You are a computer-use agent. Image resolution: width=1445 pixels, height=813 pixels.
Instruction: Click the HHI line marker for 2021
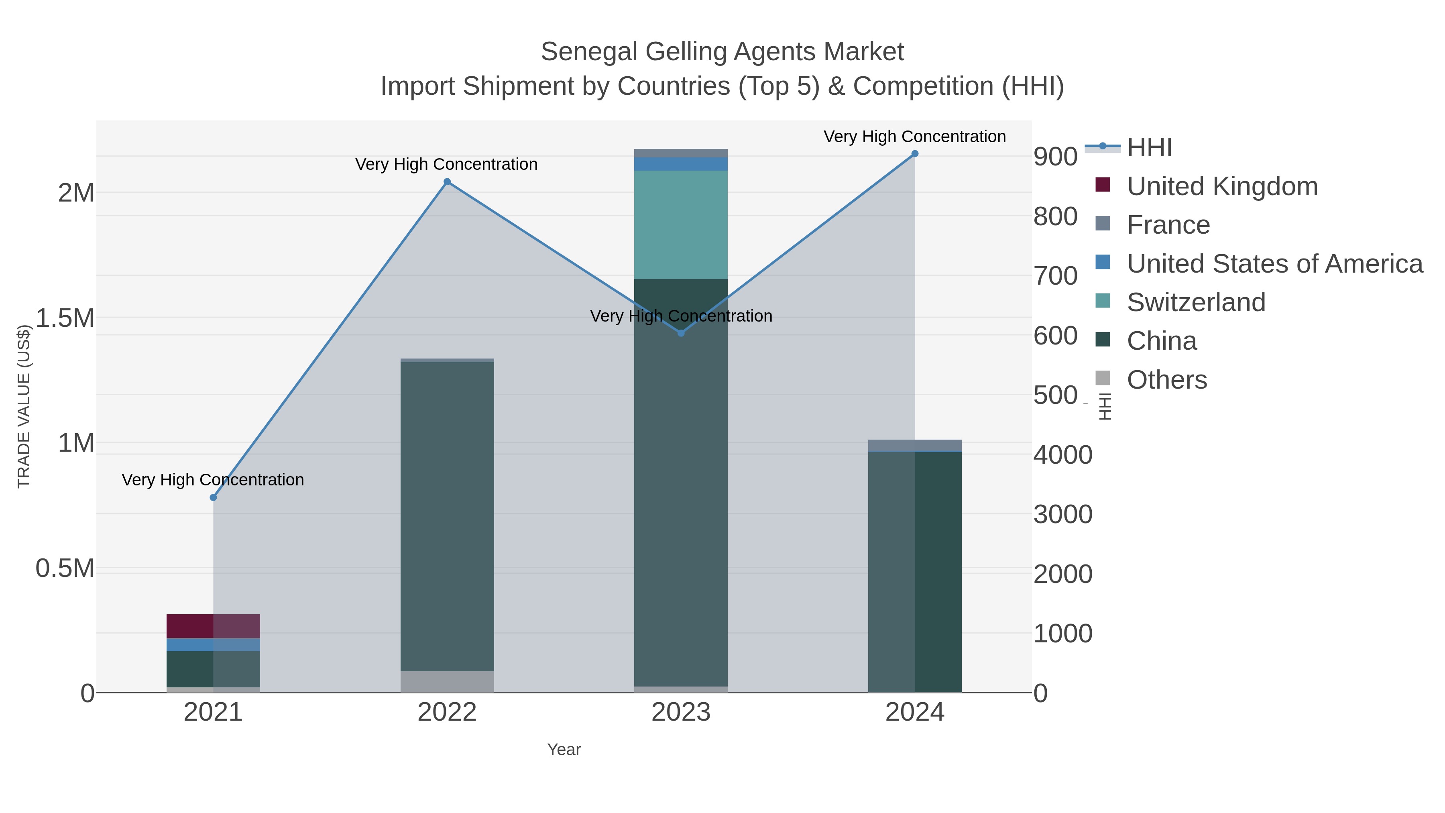(213, 498)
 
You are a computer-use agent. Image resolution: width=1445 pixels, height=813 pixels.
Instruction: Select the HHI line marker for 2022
(447, 182)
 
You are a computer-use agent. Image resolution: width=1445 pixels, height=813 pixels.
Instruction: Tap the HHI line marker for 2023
(681, 333)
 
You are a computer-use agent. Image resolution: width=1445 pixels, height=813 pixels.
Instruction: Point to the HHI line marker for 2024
(915, 154)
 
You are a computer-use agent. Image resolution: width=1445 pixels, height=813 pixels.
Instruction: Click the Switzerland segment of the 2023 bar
(681, 224)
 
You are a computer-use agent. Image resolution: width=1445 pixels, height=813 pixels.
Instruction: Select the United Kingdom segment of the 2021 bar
(213, 626)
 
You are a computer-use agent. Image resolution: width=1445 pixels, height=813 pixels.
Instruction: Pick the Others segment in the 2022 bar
(447, 682)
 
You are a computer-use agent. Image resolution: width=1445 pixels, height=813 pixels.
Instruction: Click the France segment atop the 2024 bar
(915, 446)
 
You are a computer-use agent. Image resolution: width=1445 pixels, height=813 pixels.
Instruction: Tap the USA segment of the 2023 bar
(681, 164)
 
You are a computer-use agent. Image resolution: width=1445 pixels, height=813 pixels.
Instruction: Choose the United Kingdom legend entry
(1222, 186)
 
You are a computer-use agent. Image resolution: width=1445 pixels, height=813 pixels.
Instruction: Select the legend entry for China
(1161, 341)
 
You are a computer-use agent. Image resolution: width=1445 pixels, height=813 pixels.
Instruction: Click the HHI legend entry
(1149, 148)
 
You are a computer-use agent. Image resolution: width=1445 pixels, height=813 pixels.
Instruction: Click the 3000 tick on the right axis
(1062, 515)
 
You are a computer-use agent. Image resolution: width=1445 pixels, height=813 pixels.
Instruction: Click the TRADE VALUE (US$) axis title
(24, 406)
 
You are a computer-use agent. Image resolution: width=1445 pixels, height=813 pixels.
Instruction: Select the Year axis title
(564, 750)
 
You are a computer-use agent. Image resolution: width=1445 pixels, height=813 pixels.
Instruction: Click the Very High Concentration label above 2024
(914, 137)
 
